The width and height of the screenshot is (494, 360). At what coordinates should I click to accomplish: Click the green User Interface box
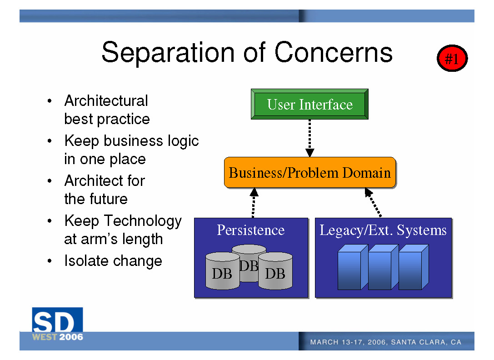[309, 104]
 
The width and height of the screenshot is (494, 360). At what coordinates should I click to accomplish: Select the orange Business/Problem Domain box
[310, 172]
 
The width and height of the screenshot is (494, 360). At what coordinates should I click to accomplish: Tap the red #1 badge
[452, 58]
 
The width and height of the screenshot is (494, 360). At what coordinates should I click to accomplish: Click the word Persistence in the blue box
[251, 230]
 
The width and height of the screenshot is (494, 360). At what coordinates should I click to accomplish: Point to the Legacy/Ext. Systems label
[383, 230]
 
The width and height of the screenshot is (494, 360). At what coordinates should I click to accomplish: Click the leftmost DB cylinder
[222, 271]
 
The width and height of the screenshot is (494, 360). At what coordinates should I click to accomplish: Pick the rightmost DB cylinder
[275, 271]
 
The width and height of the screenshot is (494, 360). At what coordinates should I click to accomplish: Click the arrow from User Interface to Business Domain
[309, 138]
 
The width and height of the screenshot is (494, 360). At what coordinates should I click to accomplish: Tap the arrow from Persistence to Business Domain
[254, 203]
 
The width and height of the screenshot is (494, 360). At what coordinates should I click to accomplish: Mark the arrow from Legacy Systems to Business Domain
[373, 202]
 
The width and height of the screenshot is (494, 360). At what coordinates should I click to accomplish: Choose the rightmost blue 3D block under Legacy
[414, 267]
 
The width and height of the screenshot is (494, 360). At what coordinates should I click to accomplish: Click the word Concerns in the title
[334, 52]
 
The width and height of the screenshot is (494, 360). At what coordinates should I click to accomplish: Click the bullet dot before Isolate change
[50, 261]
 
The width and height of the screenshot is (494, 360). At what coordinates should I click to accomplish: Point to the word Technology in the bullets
[143, 221]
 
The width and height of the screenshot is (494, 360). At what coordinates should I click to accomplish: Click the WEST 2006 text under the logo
[58, 337]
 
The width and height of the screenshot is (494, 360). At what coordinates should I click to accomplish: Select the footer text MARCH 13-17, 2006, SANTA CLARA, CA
[386, 342]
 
